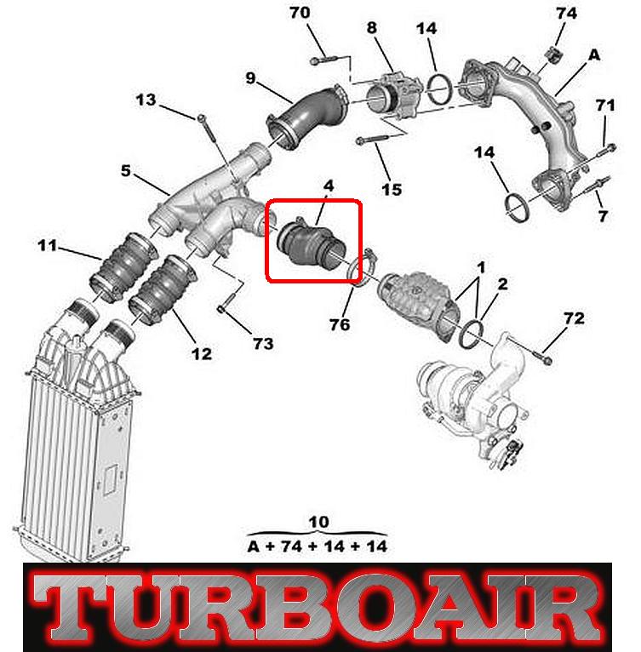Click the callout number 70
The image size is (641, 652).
pos(300,13)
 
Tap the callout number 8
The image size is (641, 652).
pos(371,28)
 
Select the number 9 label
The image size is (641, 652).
pos(250,77)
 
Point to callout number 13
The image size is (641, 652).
pos(146,100)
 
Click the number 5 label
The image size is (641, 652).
pos(126,170)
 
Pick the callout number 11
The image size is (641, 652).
pos(47,245)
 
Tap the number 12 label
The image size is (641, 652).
pos(202,354)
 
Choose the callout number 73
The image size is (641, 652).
pos(263,344)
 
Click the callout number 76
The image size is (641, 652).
pos(340,325)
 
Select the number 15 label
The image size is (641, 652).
pos(392,190)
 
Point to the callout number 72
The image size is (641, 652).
pos(574,318)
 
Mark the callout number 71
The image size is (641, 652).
pos(605,106)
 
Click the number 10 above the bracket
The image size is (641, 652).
pos(319,522)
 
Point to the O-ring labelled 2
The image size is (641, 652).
pos(471,335)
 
